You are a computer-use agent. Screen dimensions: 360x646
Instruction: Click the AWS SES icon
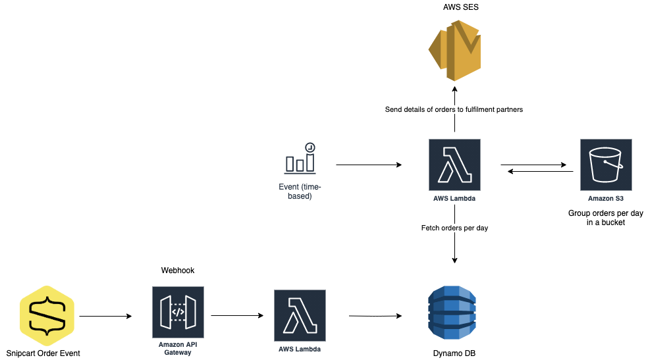(x=454, y=50)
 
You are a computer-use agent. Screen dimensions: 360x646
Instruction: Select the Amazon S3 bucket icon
(x=605, y=164)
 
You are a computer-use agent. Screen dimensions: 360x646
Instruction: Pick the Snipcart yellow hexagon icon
(x=46, y=316)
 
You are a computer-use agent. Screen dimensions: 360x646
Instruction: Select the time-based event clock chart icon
(x=300, y=158)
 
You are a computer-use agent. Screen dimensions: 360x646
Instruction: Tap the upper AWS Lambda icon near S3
(x=454, y=164)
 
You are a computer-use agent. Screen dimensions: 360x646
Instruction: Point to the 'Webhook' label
(x=178, y=270)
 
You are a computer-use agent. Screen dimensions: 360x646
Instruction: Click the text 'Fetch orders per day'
(x=454, y=228)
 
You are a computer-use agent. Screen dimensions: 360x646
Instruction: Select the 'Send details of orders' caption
(x=454, y=109)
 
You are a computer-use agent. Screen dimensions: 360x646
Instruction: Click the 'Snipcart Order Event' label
(x=43, y=353)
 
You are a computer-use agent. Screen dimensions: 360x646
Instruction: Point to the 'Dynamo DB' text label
(x=454, y=353)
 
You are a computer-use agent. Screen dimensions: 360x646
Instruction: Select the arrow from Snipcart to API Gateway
(x=105, y=317)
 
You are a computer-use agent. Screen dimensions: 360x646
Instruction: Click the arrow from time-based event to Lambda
(x=369, y=165)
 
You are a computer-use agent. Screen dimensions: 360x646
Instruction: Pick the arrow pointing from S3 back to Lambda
(x=540, y=172)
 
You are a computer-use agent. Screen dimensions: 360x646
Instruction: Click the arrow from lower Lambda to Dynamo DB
(x=375, y=317)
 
